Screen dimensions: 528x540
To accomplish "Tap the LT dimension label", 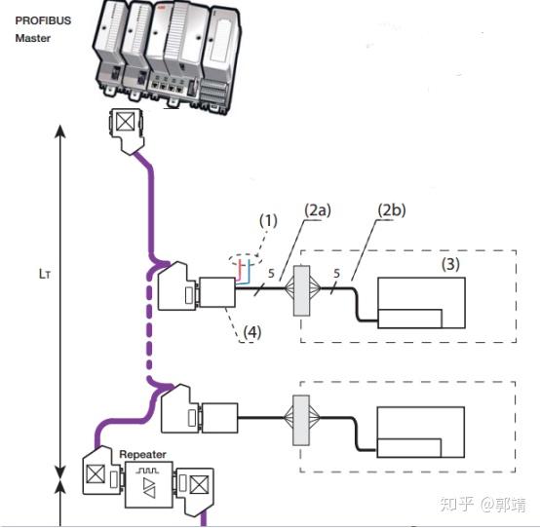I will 32,275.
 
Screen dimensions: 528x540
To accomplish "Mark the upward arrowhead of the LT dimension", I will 61,131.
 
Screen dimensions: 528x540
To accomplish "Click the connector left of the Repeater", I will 100,478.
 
